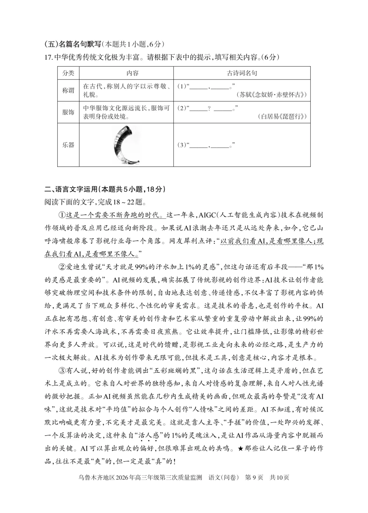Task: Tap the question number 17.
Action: coord(49,57)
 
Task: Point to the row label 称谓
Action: coord(68,90)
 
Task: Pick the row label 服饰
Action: coord(68,112)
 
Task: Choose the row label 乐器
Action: coord(68,145)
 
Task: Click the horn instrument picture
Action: coord(126,145)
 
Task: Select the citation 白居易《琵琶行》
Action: coord(282,117)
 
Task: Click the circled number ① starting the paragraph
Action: coord(62,215)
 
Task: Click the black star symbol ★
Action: coord(240,449)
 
